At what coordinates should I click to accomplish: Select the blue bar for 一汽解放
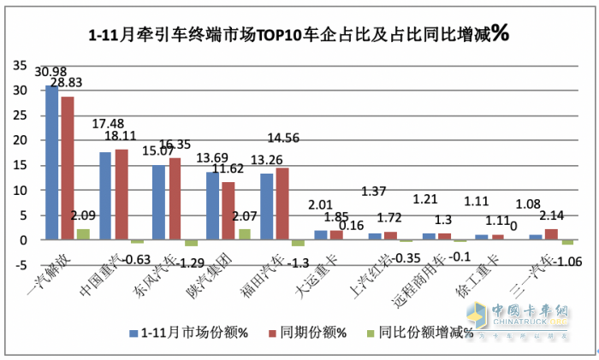pyautogui.click(x=52, y=162)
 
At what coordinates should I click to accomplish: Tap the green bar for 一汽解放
pyautogui.click(x=83, y=234)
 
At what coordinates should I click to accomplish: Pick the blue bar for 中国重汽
pyautogui.click(x=105, y=196)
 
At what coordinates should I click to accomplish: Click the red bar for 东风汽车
pyautogui.click(x=174, y=198)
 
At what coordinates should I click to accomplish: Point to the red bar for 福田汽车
pyautogui.click(x=281, y=204)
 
